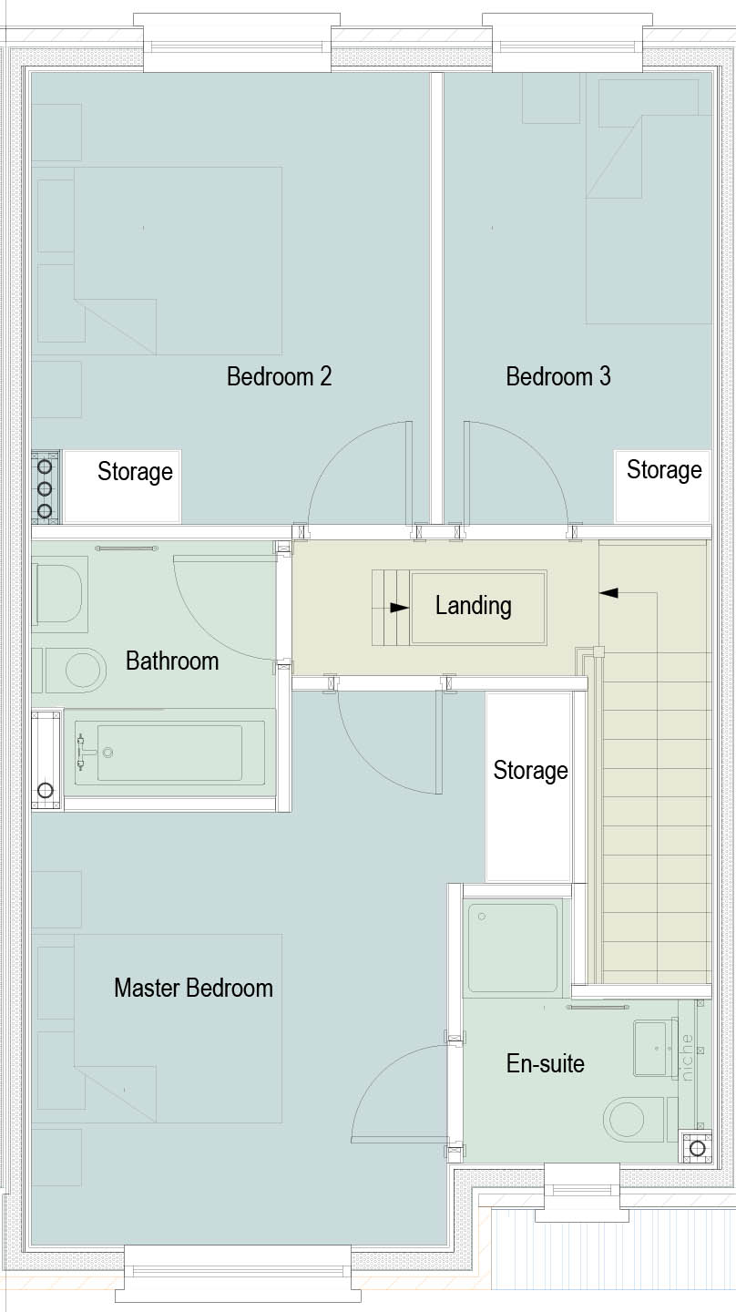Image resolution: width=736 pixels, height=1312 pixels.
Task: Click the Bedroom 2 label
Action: point(280,376)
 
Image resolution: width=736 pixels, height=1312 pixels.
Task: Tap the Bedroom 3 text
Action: point(558,376)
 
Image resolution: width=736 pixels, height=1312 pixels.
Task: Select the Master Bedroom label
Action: point(193,988)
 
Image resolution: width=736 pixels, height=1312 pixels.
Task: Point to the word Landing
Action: point(473,606)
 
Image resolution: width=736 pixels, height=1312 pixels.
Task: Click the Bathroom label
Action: point(172,661)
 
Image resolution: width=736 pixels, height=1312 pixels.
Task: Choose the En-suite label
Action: point(545,1063)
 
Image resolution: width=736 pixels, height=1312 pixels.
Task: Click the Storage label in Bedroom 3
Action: point(664,470)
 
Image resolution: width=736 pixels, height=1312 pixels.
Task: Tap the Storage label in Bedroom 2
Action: point(135,472)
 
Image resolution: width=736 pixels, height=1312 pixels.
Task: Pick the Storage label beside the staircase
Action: point(530,771)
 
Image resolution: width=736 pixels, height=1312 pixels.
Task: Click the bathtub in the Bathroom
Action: point(169,753)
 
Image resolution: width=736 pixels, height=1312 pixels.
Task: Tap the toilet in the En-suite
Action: point(634,1119)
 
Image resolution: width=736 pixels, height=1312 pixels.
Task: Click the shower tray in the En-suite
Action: point(513,948)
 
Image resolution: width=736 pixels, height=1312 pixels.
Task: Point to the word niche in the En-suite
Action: point(686,1057)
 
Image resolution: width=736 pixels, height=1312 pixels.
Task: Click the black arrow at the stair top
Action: point(608,593)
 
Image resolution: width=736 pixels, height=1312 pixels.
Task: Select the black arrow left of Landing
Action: point(400,608)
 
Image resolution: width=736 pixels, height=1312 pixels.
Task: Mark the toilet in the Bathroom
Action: point(58,593)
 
